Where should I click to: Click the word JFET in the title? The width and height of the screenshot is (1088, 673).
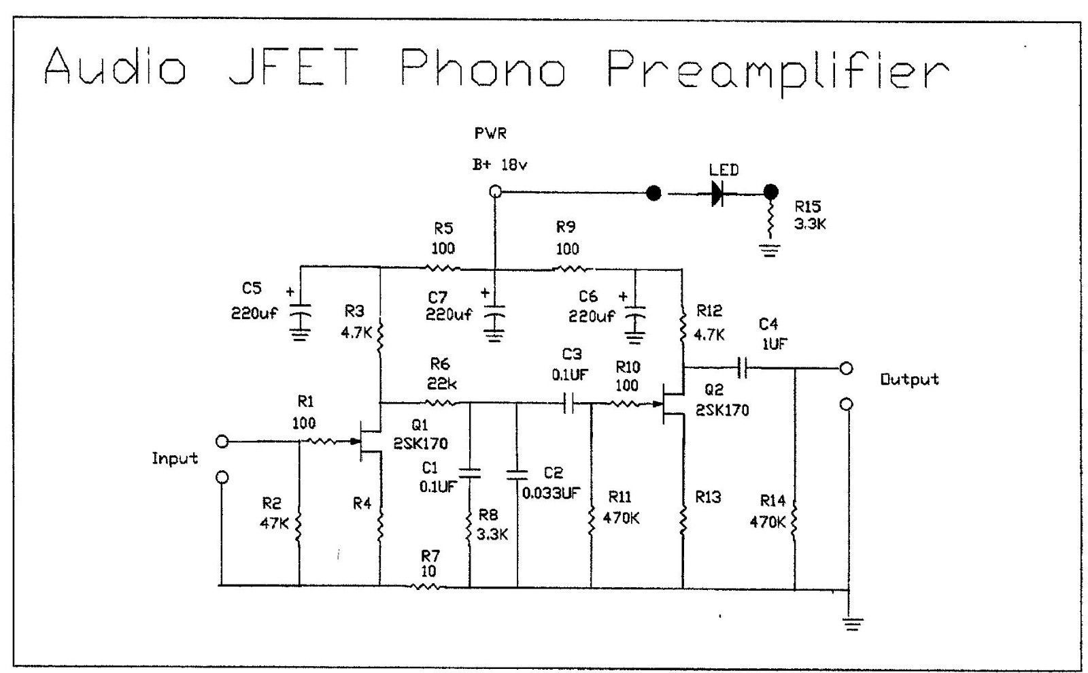[x=293, y=67]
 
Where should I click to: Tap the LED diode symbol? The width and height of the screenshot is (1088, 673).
[x=716, y=194]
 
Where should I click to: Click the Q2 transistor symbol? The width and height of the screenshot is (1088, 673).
[x=671, y=404]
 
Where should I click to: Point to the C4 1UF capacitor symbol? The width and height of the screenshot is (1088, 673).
[x=743, y=368]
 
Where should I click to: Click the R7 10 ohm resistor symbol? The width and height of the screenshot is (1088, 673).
[x=428, y=585]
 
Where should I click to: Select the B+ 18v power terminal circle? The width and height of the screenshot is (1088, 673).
[x=496, y=192]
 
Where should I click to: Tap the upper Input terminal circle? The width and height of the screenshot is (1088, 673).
[x=221, y=442]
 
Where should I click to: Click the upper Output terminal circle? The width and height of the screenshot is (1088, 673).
[x=846, y=368]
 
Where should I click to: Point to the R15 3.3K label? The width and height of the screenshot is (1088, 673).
[x=809, y=215]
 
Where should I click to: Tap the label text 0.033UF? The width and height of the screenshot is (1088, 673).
[x=551, y=493]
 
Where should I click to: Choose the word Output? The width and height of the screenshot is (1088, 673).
[x=909, y=379]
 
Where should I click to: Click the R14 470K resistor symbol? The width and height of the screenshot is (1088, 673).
[x=794, y=521]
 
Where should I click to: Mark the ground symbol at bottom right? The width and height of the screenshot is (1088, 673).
[x=852, y=621]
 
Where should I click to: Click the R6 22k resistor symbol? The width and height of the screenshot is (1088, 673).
[x=441, y=404]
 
